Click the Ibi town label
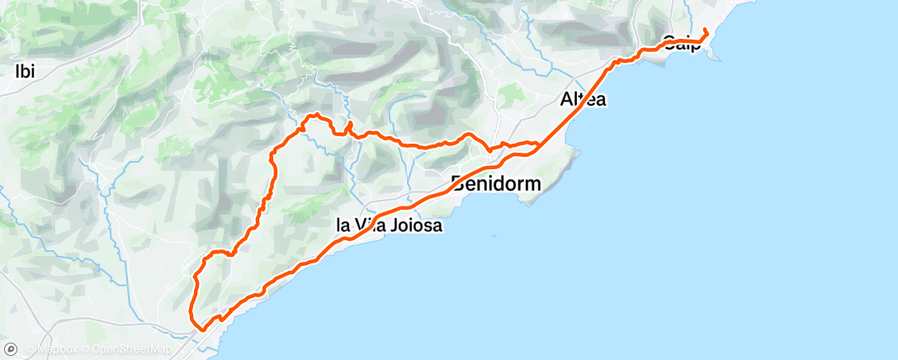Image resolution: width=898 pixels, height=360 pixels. [25, 71]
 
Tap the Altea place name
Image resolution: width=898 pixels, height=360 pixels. [583, 100]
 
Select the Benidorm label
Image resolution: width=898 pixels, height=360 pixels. [496, 182]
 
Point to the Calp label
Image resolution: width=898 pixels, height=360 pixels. [682, 43]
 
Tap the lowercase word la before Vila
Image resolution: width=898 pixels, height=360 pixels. [343, 225]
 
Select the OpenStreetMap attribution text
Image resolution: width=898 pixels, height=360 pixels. [132, 349]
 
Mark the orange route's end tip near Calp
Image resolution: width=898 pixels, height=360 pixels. [706, 31]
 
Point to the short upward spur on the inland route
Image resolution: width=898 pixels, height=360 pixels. [350, 125]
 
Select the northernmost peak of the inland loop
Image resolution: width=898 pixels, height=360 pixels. [313, 116]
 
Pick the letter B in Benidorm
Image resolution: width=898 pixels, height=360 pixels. [458, 182]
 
